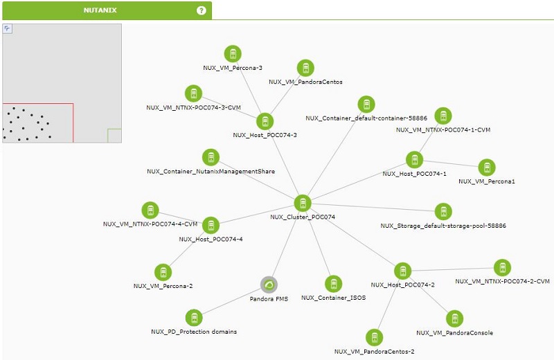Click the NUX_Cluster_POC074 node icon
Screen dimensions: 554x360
coord(303,203)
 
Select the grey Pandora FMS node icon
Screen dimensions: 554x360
coord(269,285)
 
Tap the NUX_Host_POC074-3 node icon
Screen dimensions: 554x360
coord(265,122)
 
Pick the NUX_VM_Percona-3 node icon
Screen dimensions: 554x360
coord(233,54)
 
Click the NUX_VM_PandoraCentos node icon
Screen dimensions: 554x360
coord(305,68)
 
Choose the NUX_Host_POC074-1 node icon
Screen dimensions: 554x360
coord(414,160)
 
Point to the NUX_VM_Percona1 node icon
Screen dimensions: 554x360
coord(487,168)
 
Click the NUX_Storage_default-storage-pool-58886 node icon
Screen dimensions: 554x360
coord(443,212)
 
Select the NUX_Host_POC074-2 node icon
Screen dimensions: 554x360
coord(403,271)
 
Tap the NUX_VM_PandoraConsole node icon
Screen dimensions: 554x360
coord(455,319)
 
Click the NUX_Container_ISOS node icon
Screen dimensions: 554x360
coord(334,284)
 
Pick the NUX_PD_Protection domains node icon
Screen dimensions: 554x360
coord(194,318)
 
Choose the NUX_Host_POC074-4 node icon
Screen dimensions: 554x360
coord(211,226)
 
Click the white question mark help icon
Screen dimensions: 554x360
coord(202,10)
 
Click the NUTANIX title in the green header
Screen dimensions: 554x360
coord(100,10)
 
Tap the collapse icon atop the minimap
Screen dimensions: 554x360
coord(8,29)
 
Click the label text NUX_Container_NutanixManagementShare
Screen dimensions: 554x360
coord(211,171)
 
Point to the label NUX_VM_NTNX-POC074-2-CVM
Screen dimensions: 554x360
coord(503,281)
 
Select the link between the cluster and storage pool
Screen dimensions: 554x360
coord(373,208)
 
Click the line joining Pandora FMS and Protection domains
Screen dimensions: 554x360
coord(232,301)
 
